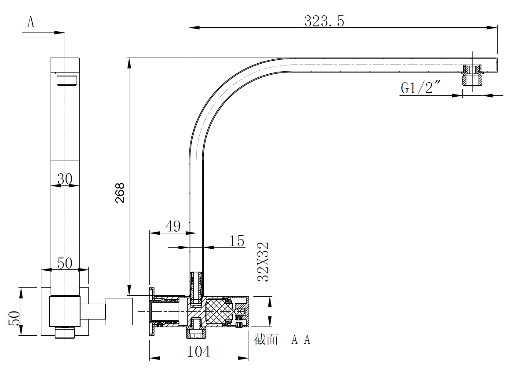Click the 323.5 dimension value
tap(324, 21)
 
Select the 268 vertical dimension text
tap(120, 192)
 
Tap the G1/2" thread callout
tap(421, 88)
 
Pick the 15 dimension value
tap(237, 241)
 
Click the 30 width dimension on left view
tap(65, 179)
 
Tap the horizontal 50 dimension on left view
tap(65, 264)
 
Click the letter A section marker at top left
tap(31, 22)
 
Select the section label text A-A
tap(301, 340)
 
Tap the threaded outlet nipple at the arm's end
tap(472, 76)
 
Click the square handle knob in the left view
tap(118, 312)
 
